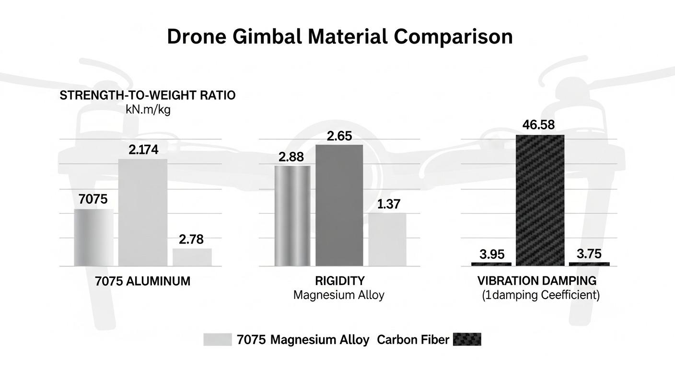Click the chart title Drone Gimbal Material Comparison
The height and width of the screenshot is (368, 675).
339,37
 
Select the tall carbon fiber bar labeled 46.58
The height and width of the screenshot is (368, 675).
540,200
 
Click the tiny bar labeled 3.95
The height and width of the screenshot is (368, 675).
491,264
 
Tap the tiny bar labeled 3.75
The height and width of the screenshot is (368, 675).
589,264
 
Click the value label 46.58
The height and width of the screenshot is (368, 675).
538,126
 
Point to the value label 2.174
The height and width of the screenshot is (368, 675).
143,150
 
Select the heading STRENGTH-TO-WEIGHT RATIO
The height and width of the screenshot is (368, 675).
148,95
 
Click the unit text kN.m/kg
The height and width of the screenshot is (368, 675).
148,109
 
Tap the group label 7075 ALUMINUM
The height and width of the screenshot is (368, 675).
143,281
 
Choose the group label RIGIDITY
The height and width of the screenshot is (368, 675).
339,281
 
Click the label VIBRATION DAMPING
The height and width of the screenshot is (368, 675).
537,281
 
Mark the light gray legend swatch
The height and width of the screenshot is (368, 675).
217,340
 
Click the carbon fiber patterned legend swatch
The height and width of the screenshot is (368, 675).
466,340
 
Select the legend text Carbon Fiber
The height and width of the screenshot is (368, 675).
413,340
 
